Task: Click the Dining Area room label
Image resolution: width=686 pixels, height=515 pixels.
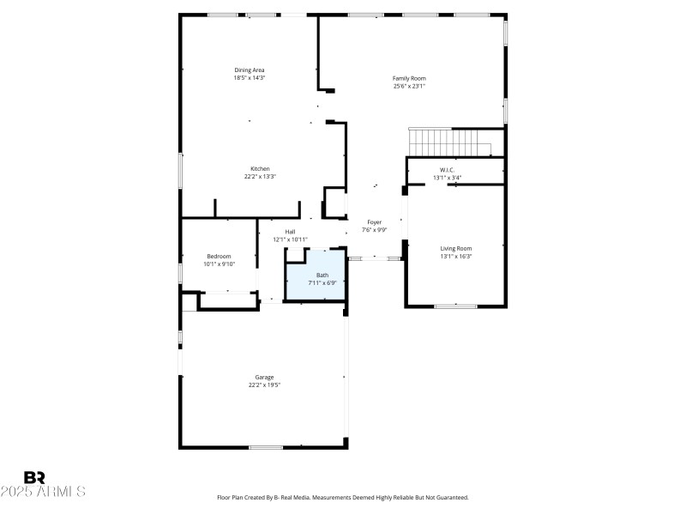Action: pyautogui.click(x=250, y=70)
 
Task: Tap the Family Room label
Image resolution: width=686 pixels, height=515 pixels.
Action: pyautogui.click(x=409, y=78)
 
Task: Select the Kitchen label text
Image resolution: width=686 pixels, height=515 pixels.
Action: pyautogui.click(x=260, y=168)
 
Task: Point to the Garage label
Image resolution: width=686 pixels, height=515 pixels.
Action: pyautogui.click(x=264, y=377)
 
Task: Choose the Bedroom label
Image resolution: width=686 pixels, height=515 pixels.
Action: pyautogui.click(x=219, y=257)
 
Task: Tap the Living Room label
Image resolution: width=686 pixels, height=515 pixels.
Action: pyautogui.click(x=456, y=248)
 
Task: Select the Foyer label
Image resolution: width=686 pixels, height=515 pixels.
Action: pyautogui.click(x=375, y=222)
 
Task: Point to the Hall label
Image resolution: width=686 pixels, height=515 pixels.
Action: pyautogui.click(x=290, y=232)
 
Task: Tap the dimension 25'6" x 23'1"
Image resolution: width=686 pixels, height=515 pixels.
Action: pyautogui.click(x=409, y=86)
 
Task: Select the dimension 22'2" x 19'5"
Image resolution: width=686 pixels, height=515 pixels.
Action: pyautogui.click(x=264, y=385)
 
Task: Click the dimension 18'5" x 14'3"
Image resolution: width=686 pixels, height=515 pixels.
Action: pyautogui.click(x=250, y=77)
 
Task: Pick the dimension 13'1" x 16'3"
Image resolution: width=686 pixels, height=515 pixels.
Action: pyautogui.click(x=456, y=256)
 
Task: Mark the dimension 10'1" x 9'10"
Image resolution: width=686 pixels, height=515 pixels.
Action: pyautogui.click(x=219, y=264)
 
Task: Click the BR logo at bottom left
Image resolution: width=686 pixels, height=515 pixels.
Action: pyautogui.click(x=34, y=477)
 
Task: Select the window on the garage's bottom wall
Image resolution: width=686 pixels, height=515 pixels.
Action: pyautogui.click(x=266, y=446)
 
